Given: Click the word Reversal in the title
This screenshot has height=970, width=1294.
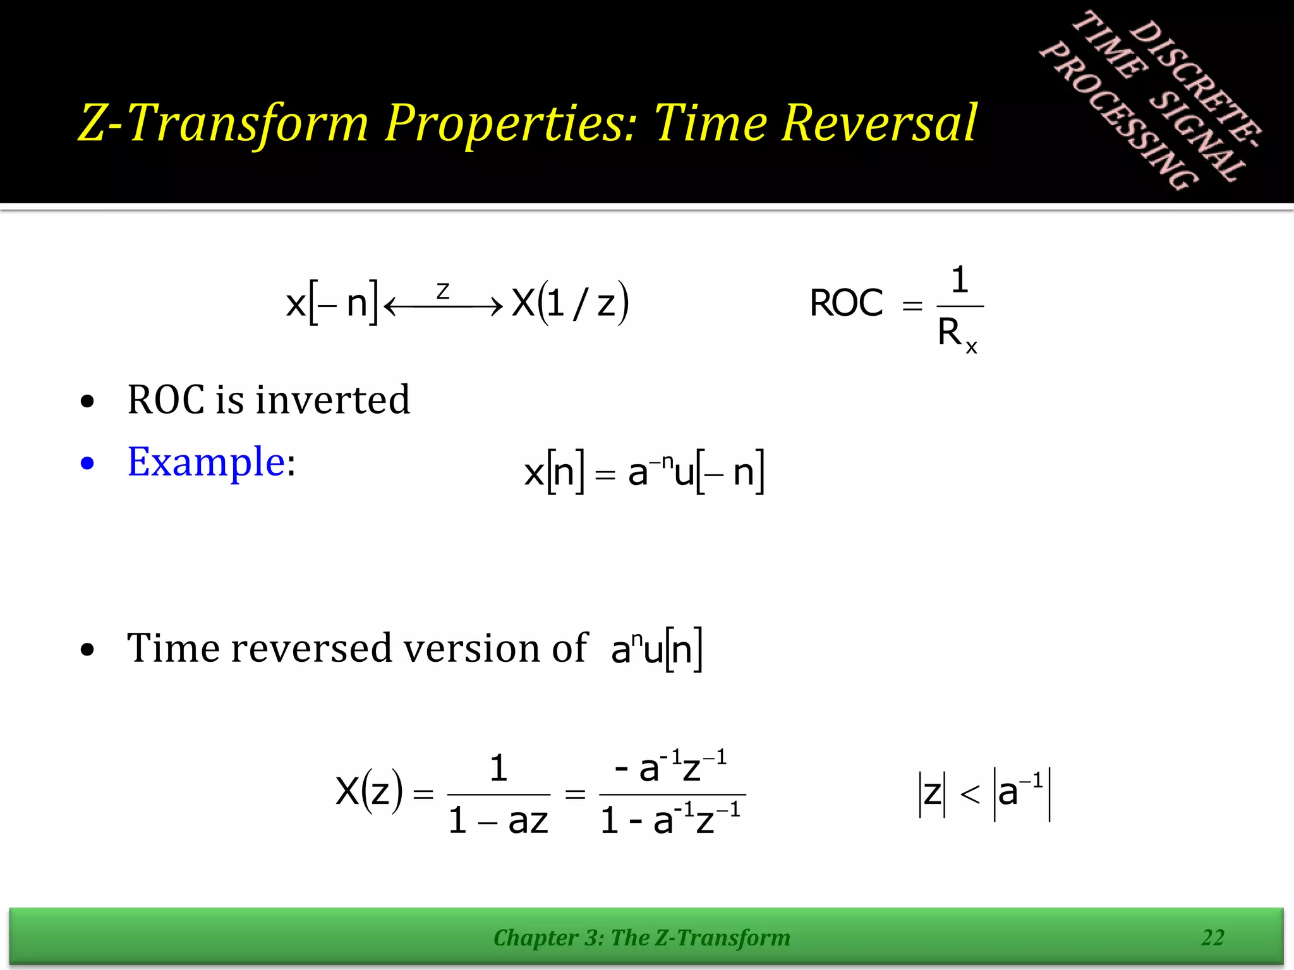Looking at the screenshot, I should (x=880, y=123).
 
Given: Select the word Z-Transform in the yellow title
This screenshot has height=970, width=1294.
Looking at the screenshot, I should (x=223, y=123).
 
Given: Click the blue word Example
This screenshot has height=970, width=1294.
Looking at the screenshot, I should (x=206, y=462).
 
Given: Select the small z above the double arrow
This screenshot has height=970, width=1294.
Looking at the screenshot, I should (x=442, y=291).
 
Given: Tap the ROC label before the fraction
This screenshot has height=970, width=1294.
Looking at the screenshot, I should (x=846, y=303).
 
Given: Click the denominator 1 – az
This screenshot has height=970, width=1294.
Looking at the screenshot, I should (x=498, y=821).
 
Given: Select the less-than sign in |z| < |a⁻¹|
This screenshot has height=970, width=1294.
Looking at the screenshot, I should (x=970, y=794).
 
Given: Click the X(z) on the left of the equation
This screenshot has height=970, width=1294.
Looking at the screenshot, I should (x=369, y=791).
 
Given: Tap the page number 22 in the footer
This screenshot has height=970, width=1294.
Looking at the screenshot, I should (x=1212, y=937).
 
